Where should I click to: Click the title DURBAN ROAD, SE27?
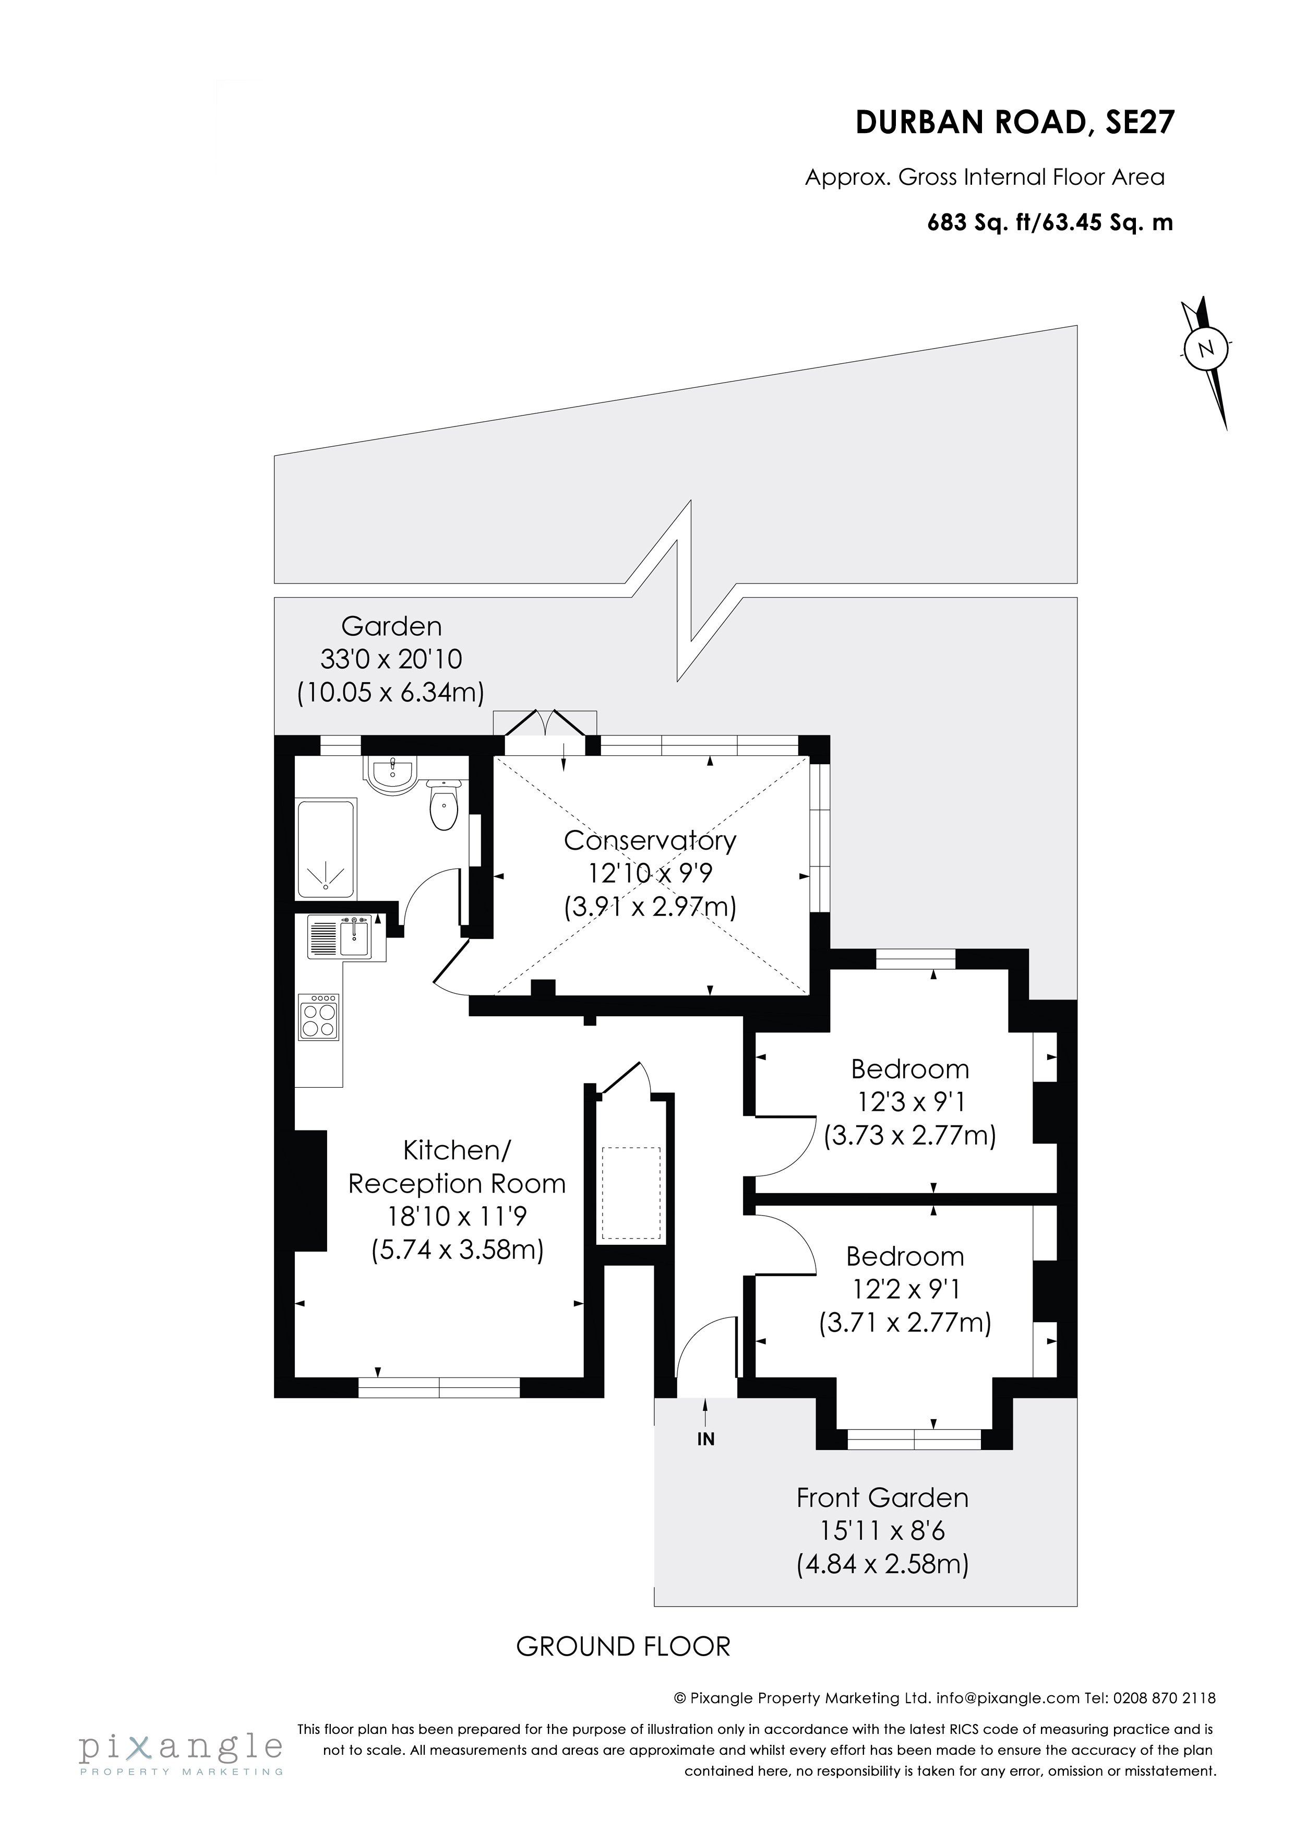[x=1014, y=123]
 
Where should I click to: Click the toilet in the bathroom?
[x=444, y=805]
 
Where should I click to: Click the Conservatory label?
[x=650, y=840]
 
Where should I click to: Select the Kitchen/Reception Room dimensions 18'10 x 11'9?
[x=457, y=1216]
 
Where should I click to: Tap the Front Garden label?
[x=882, y=1497]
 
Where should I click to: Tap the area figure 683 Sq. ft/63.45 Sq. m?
[x=1049, y=222]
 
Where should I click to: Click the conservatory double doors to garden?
[x=545, y=725]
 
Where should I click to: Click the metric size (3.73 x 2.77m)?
[x=909, y=1134]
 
